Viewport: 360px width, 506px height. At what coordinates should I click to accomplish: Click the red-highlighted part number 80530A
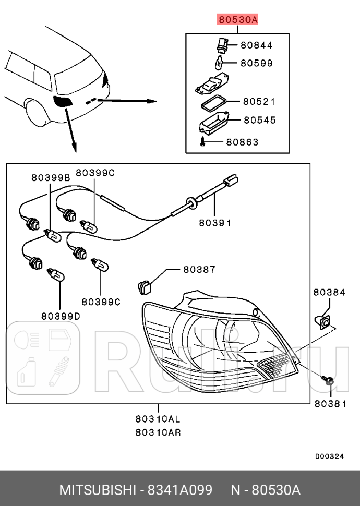(x=237, y=20)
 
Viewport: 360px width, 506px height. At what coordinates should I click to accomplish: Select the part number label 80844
(x=256, y=45)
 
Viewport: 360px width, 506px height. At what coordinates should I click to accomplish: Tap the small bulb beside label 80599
(x=220, y=65)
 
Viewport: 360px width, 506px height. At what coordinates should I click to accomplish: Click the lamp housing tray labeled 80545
(x=214, y=124)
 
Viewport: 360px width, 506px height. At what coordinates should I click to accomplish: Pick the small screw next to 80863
(x=203, y=142)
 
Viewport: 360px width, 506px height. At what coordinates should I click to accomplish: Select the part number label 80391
(x=214, y=223)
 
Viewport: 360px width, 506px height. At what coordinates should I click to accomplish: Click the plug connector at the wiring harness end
(x=231, y=182)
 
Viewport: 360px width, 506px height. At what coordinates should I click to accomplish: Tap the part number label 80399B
(x=50, y=177)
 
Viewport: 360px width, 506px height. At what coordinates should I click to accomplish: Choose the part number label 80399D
(x=61, y=316)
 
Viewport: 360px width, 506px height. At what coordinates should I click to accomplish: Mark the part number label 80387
(x=199, y=270)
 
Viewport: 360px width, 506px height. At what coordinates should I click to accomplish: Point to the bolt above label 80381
(x=328, y=381)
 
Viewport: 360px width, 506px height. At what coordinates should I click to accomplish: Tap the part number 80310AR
(x=158, y=432)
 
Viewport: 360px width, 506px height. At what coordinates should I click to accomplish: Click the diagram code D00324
(x=329, y=456)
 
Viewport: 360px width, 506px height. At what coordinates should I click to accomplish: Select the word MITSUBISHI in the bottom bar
(x=98, y=490)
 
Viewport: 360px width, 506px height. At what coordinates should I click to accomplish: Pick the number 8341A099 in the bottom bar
(x=180, y=490)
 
